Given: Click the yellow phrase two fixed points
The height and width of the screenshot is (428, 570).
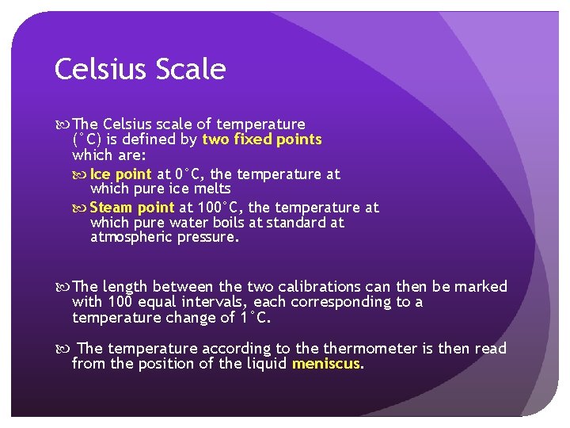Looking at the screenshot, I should click(262, 139).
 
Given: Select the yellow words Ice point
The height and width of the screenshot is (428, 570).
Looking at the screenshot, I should click(121, 174).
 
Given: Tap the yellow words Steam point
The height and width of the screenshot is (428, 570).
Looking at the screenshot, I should click(132, 208).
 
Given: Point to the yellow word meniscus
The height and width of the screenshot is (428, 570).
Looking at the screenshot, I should click(326, 364).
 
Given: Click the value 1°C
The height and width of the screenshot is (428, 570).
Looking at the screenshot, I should click(254, 318).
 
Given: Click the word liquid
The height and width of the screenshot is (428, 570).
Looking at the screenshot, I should click(265, 364).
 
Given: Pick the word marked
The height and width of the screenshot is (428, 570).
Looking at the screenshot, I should click(478, 286).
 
